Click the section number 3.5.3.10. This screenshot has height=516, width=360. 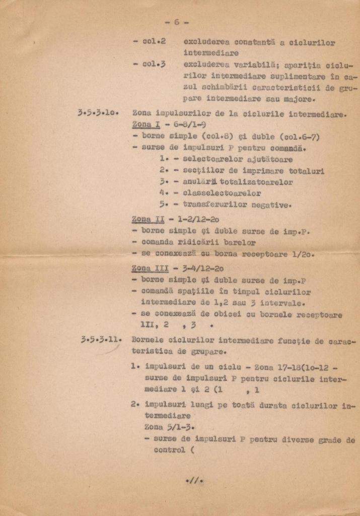[97, 113]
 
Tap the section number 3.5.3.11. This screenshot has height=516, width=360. [100, 340]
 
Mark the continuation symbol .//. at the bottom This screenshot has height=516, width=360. [194, 481]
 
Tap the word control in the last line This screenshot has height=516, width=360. [169, 450]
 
